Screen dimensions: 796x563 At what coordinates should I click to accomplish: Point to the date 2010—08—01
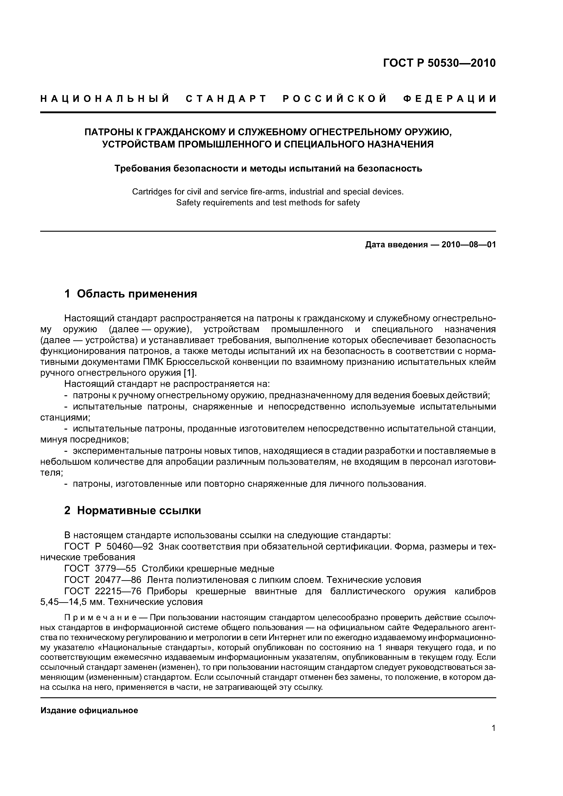(469, 245)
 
